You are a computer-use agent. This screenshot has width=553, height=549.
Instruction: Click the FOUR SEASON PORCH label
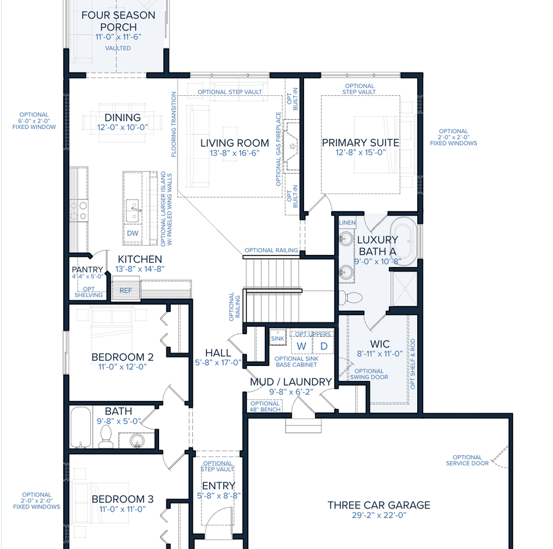(118, 21)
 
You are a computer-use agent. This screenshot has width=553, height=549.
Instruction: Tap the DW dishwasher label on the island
(133, 233)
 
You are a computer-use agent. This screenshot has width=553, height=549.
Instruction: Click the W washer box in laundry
(301, 346)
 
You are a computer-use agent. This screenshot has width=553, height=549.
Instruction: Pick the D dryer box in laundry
(324, 346)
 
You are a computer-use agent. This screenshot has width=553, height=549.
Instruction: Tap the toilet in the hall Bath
(105, 437)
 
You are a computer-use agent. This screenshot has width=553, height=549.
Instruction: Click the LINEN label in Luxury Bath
(348, 222)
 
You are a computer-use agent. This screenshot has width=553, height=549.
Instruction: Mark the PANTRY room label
(87, 270)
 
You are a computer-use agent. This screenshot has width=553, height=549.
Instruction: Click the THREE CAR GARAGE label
(378, 505)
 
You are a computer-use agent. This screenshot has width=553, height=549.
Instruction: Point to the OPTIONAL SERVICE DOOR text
(467, 460)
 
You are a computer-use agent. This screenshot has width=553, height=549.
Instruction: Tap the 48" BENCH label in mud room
(265, 407)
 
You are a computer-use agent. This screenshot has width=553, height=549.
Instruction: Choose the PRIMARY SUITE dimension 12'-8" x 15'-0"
(361, 153)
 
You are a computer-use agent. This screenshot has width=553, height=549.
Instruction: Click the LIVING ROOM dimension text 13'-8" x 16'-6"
(235, 154)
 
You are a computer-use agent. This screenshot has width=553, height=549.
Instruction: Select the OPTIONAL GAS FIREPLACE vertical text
(278, 149)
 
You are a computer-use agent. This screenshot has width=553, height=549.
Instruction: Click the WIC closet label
(380, 344)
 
